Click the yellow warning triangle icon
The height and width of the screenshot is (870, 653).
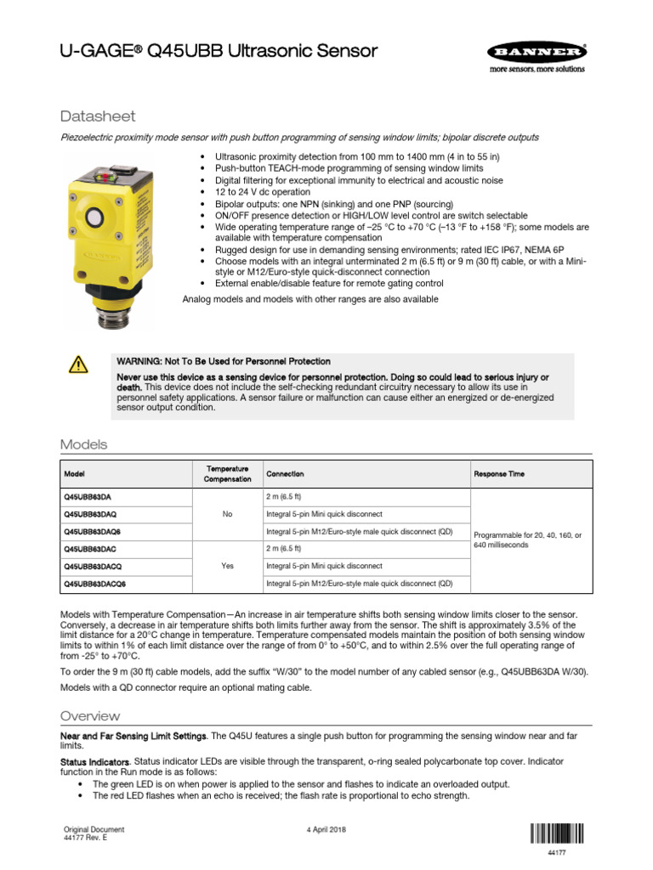(x=77, y=364)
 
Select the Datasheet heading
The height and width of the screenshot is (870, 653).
(x=98, y=116)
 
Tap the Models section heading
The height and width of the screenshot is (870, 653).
(x=83, y=444)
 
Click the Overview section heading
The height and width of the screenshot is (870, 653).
(x=89, y=715)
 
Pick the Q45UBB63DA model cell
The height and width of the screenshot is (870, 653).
(x=90, y=496)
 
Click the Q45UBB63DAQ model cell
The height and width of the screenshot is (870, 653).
(x=93, y=514)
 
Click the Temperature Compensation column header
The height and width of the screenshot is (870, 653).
(x=227, y=474)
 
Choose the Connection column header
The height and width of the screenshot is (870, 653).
(x=285, y=474)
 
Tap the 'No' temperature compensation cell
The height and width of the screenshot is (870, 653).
(x=227, y=514)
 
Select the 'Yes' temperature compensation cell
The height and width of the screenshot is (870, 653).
(x=227, y=566)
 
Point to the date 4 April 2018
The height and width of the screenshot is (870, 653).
(x=325, y=829)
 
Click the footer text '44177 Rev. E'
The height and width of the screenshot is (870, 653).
(x=86, y=838)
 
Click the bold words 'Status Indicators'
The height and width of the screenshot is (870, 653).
(x=95, y=761)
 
